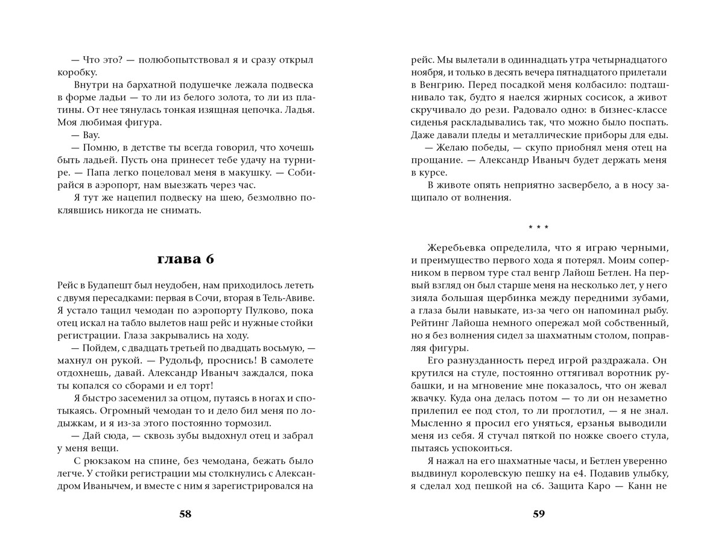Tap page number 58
(185, 514)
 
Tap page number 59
(539, 514)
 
